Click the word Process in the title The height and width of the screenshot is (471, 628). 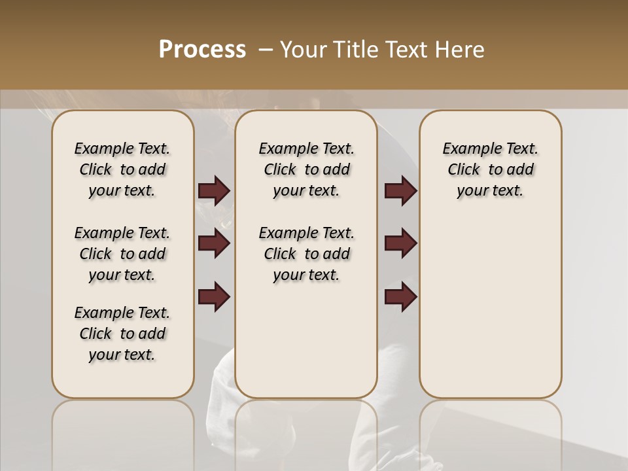pyautogui.click(x=202, y=50)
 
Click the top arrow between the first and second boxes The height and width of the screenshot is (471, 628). pyautogui.click(x=214, y=191)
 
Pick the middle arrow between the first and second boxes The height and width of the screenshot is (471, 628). pyautogui.click(x=214, y=243)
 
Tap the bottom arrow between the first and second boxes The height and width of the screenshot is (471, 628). pyautogui.click(x=214, y=296)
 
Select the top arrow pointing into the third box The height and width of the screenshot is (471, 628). pyautogui.click(x=400, y=191)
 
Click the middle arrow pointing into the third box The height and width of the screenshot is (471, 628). pyautogui.click(x=400, y=243)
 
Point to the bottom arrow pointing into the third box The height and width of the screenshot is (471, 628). pyautogui.click(x=400, y=296)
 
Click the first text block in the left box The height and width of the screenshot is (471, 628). pyautogui.click(x=122, y=169)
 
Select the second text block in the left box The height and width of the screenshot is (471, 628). pyautogui.click(x=122, y=254)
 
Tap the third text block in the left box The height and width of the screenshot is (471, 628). pyautogui.click(x=122, y=334)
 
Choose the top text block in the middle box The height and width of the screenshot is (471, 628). pyautogui.click(x=306, y=169)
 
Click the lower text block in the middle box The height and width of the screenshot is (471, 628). pyautogui.click(x=306, y=254)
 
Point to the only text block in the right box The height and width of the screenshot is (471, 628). pyautogui.click(x=490, y=169)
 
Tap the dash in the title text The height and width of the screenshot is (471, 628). pyautogui.click(x=265, y=50)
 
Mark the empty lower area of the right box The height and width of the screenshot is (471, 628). pyautogui.click(x=490, y=307)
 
